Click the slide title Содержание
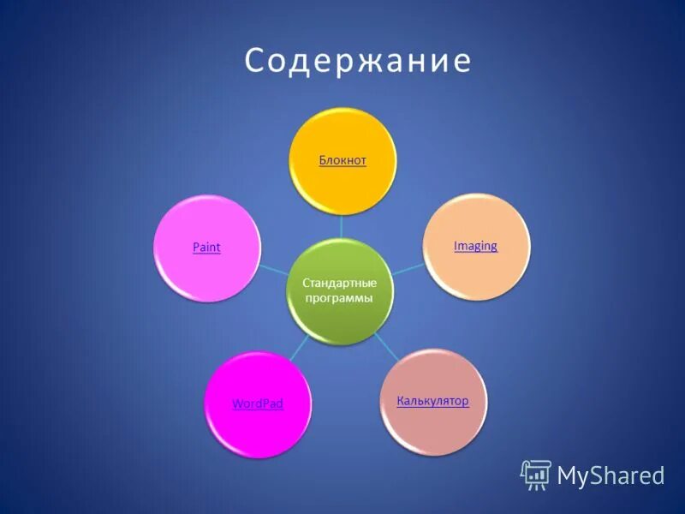(358, 62)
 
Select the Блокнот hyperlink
(342, 160)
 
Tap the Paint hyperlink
(206, 247)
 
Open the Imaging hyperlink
(475, 246)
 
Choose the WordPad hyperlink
(258, 403)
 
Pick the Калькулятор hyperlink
(432, 401)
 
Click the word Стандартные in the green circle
(340, 283)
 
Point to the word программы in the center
(340, 298)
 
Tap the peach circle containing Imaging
(476, 270)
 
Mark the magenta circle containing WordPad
(257, 428)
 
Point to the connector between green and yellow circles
(342, 226)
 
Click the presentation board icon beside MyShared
(536, 475)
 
